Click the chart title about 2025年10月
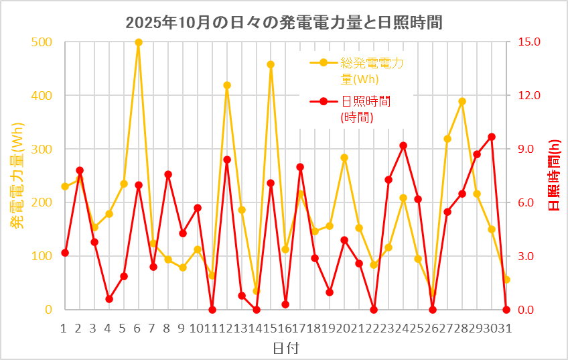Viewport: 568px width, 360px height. coord(284,21)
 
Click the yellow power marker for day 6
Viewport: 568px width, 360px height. coord(139,42)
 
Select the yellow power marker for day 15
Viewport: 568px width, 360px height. coord(271,64)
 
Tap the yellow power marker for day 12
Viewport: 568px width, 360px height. coord(227,85)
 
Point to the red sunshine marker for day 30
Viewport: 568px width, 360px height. coord(492,137)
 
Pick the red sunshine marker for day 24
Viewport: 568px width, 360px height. coord(403,145)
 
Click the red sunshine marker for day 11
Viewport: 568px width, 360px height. coord(212,310)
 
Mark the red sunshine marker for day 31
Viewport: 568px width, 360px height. coord(506,310)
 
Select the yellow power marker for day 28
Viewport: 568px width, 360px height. coord(462,101)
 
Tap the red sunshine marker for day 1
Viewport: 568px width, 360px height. coord(65,253)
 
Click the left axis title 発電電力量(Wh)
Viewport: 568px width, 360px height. coord(17,176)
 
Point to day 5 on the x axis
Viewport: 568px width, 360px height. coord(124,328)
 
